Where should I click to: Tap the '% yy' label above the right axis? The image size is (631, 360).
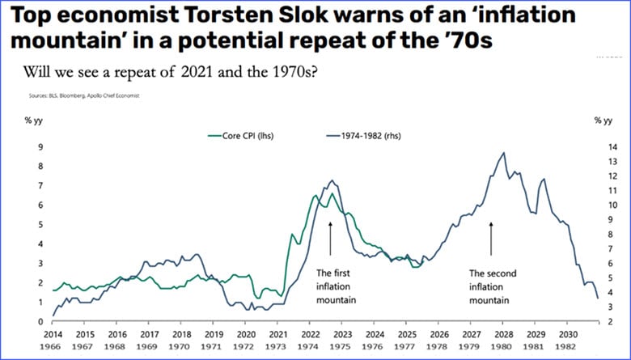pos(603,121)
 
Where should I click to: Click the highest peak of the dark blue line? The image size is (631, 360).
pos(504,152)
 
